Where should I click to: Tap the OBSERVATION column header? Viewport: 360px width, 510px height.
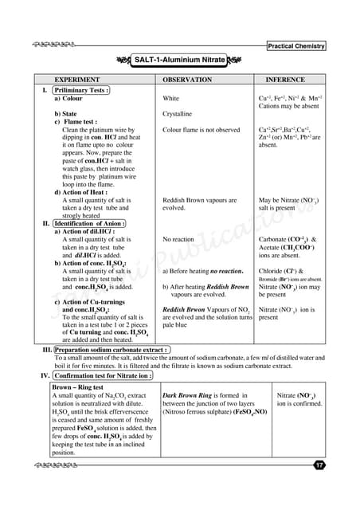point(193,81)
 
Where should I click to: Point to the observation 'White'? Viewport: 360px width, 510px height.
point(170,99)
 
